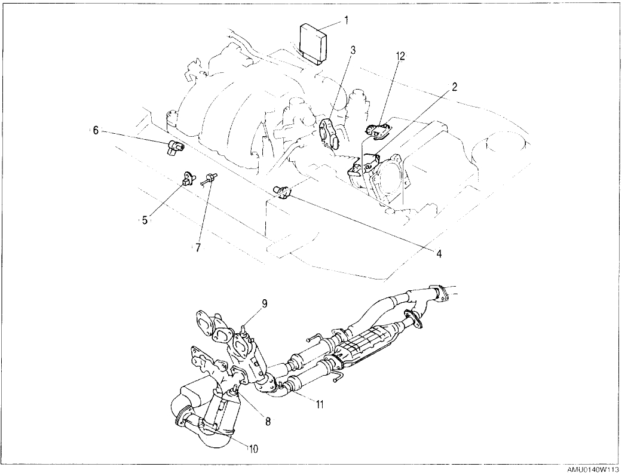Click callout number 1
coord(346,20)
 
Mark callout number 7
coord(197,246)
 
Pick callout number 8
coord(268,421)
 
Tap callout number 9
coord(263,303)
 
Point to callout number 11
coord(320,404)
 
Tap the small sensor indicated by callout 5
coord(188,177)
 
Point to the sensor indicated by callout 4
coord(282,191)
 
